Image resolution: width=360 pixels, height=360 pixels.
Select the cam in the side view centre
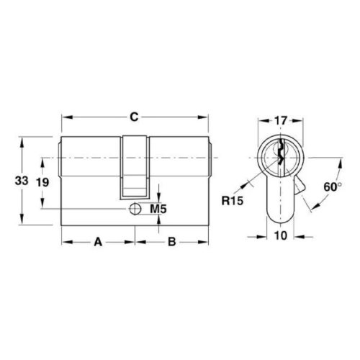tap(135, 166)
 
